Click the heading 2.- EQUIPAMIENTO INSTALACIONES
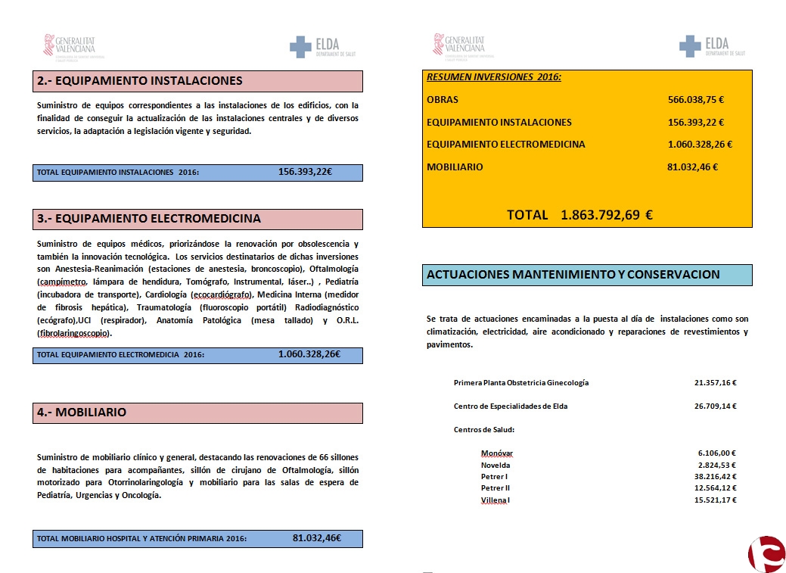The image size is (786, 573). point(140,81)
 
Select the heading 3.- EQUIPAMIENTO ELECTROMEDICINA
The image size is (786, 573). point(149,219)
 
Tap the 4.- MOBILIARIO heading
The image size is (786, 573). point(82,413)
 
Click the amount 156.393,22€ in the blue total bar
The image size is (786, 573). point(306,172)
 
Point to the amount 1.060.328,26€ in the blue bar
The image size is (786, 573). point(309,353)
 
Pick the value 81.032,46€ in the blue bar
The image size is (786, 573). point(317,538)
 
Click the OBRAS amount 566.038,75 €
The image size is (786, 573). point(696,99)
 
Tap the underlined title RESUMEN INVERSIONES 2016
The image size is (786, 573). point(494,77)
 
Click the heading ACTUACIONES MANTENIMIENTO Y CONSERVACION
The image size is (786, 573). point(573,275)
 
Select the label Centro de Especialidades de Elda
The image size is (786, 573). point(511,406)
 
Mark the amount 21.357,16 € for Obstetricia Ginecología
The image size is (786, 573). point(715,383)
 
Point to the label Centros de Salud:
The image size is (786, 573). point(484,430)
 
